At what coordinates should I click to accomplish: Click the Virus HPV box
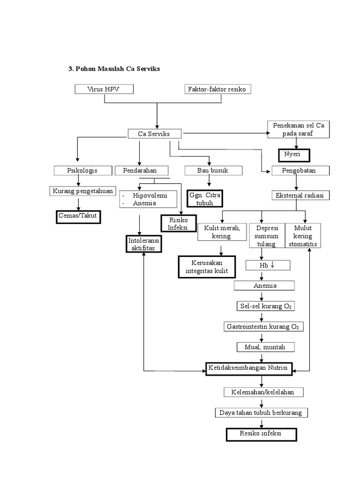[x=104, y=89]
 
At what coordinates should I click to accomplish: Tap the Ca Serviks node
[x=153, y=134]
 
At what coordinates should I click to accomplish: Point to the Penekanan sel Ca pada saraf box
[x=299, y=130]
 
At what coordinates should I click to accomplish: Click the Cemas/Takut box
[x=79, y=217]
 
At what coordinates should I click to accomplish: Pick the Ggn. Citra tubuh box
[x=205, y=198]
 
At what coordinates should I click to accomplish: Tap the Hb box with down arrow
[x=268, y=266]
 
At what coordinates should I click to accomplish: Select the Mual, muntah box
[x=265, y=347]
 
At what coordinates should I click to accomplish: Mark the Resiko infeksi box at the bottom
[x=261, y=434]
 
